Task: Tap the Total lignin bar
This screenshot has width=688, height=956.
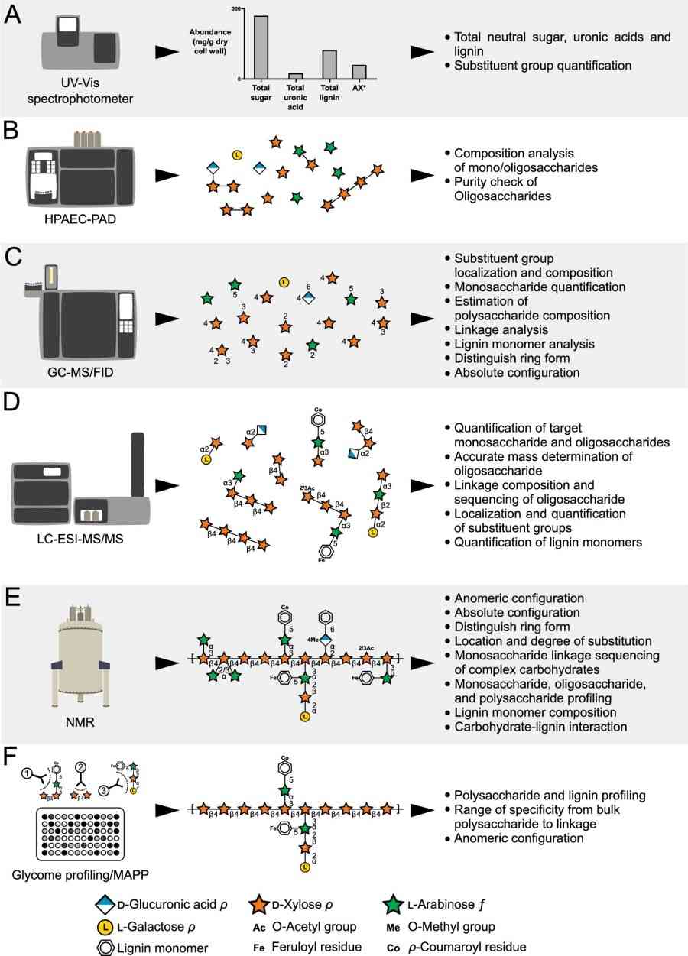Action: (x=329, y=64)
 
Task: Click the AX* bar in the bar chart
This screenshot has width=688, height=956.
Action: (x=359, y=72)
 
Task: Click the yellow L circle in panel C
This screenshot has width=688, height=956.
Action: (x=284, y=283)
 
